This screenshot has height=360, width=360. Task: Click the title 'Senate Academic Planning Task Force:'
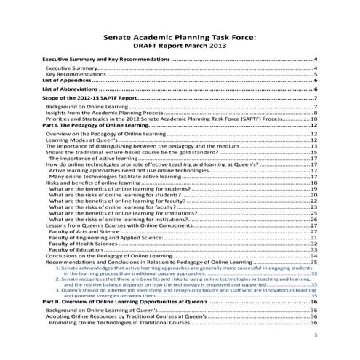180,33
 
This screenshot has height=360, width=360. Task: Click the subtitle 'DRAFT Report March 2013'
180,44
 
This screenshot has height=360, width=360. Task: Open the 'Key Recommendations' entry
76,73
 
